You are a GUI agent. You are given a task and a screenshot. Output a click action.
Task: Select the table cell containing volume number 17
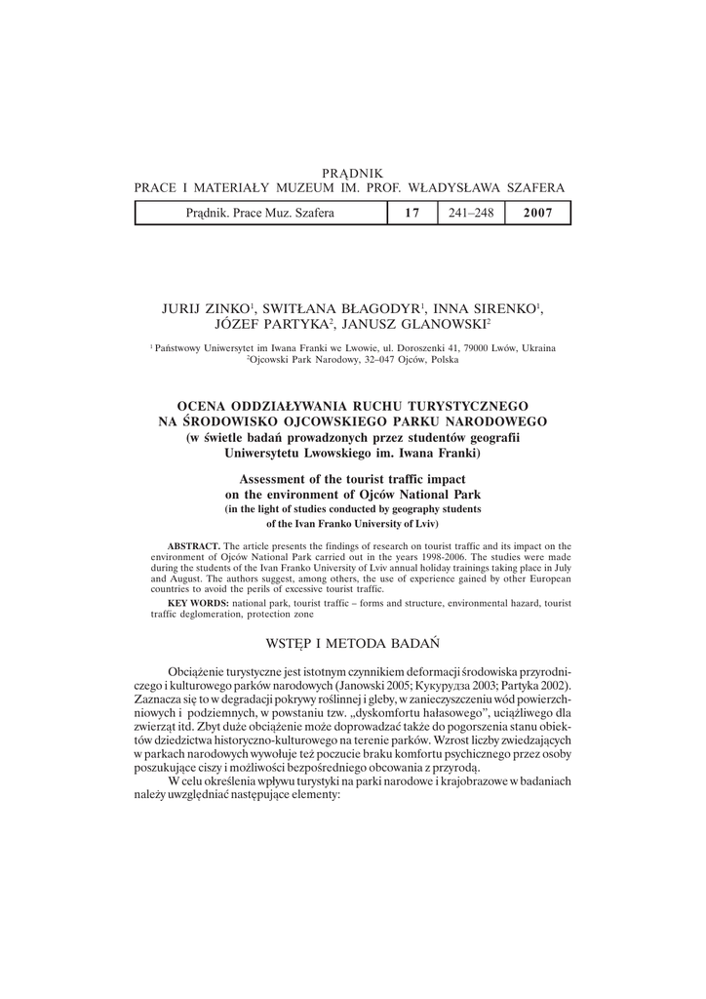tap(411, 213)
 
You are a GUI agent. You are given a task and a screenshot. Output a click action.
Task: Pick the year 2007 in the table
tap(537, 213)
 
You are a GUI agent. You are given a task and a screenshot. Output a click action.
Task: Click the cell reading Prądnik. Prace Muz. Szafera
tap(259, 213)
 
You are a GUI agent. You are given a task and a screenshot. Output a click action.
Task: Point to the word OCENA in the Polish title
tap(205, 405)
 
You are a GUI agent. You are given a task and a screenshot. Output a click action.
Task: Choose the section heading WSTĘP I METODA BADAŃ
tap(352, 644)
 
